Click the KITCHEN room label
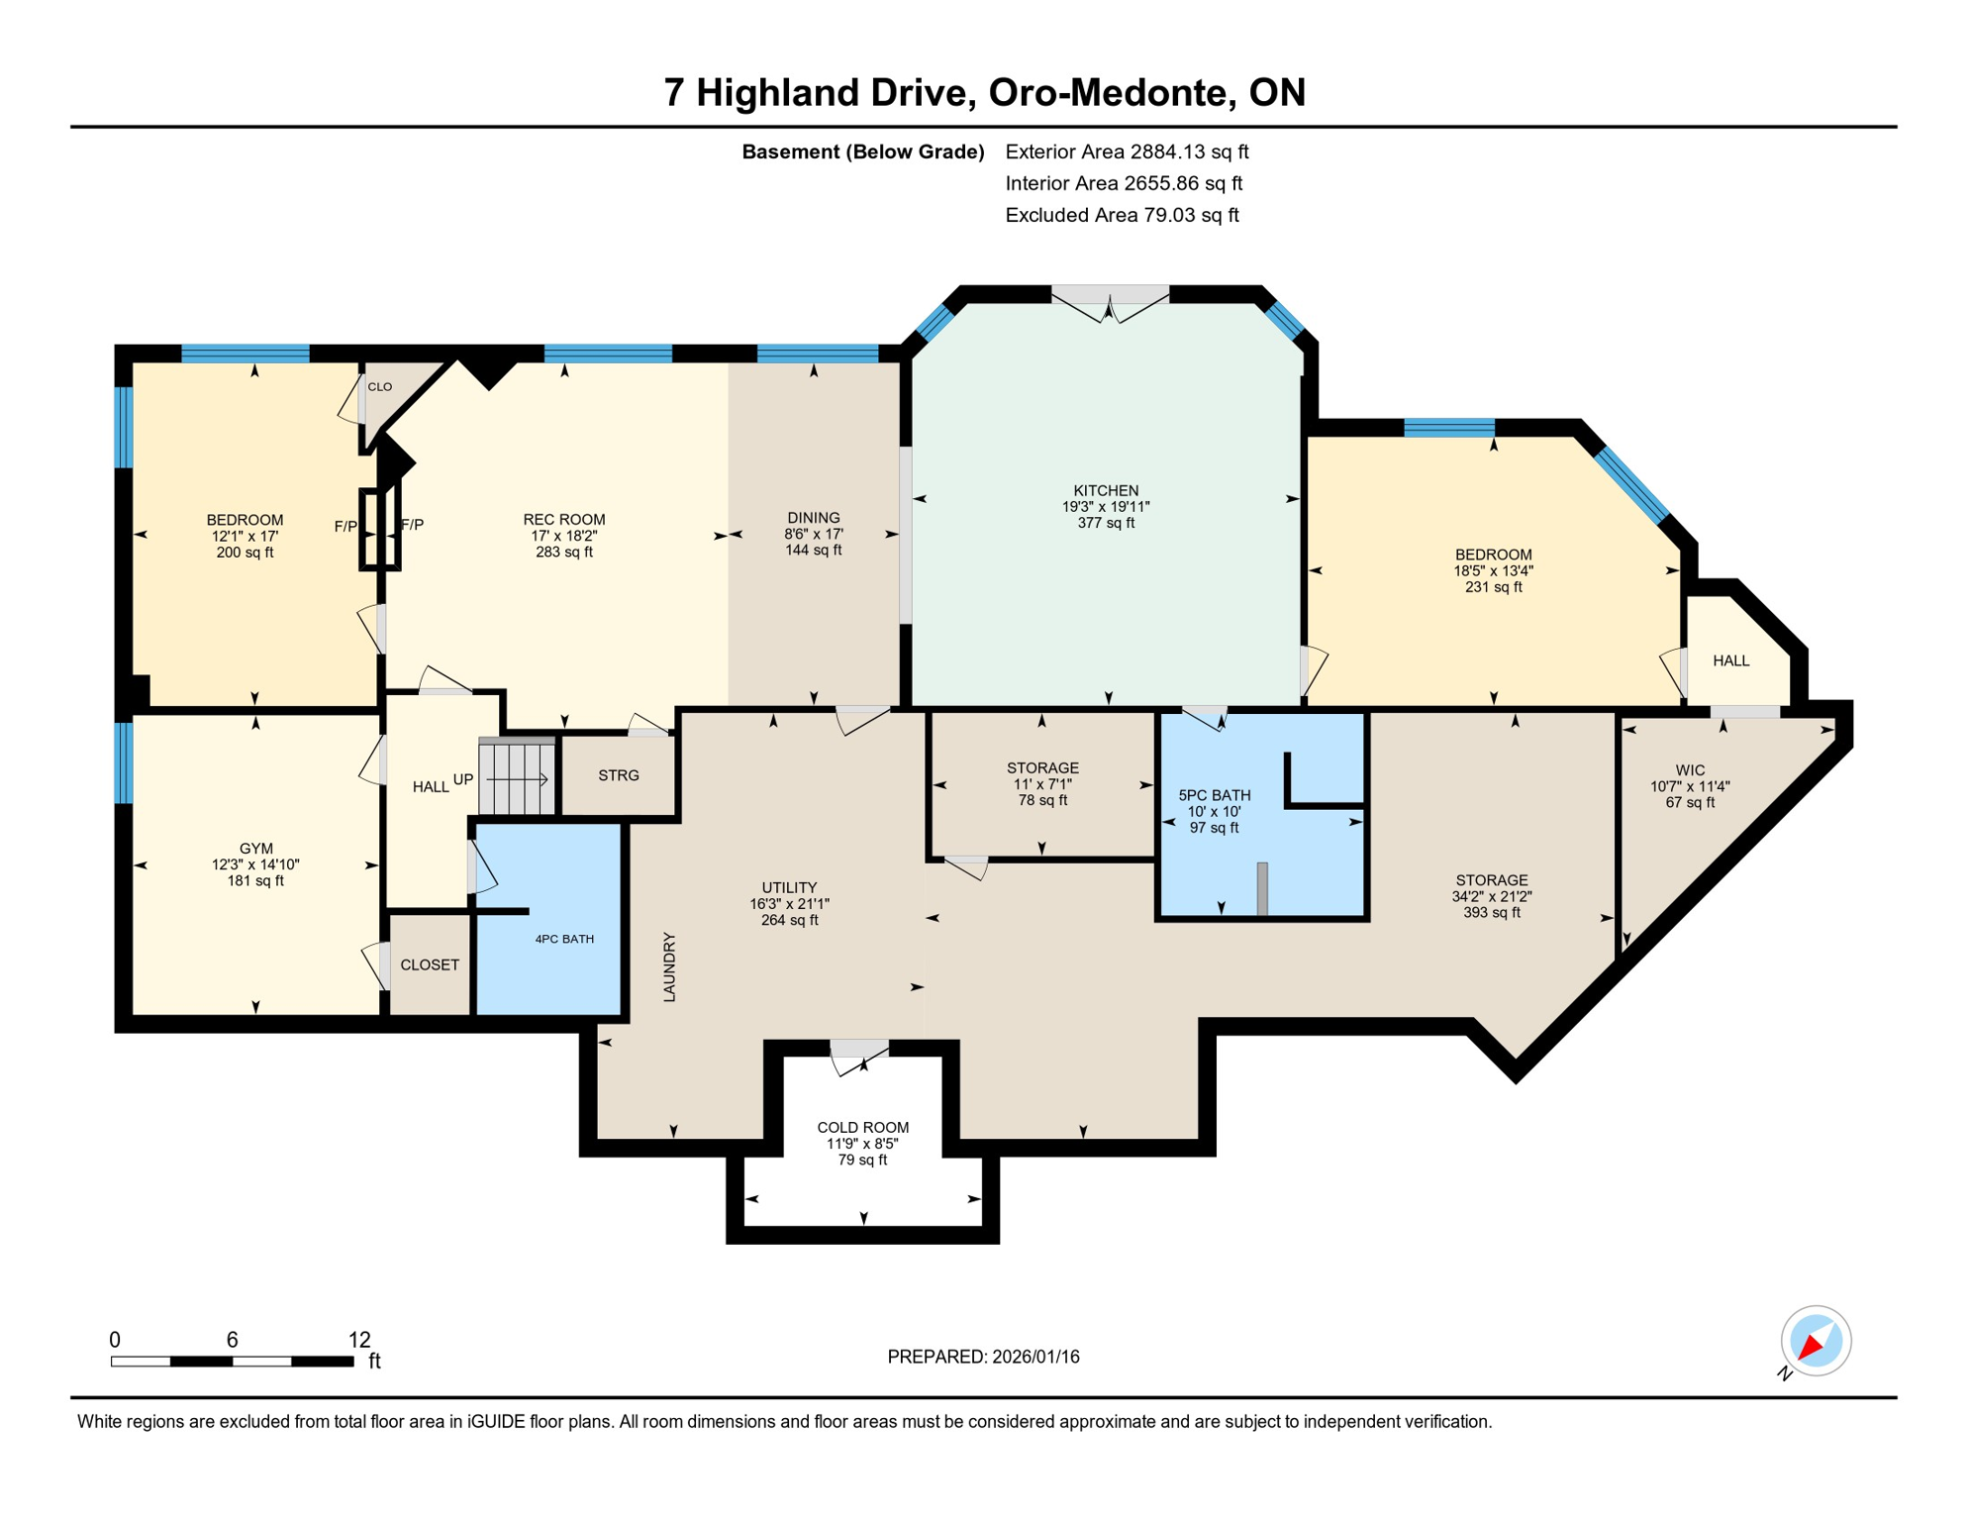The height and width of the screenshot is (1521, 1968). (1106, 491)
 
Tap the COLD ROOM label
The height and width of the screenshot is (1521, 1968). (862, 1128)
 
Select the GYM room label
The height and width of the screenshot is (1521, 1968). (255, 849)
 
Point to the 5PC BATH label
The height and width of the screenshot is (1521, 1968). (1215, 795)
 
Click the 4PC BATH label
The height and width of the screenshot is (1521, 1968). (564, 939)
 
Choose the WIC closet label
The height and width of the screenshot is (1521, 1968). (1690, 770)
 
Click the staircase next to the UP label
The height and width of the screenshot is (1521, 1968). (517, 778)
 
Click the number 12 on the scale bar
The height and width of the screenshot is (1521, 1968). (359, 1340)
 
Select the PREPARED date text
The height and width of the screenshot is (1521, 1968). (983, 1357)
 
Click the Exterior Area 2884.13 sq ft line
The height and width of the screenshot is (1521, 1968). (1127, 152)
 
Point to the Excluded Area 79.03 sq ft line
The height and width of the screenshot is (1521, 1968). (1122, 215)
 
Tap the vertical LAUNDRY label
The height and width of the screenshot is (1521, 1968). (669, 966)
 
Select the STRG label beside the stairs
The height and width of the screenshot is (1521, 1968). (619, 775)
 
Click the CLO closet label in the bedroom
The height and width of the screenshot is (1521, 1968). (380, 387)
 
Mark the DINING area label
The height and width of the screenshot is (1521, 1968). (814, 518)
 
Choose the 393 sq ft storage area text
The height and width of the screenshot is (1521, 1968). (1492, 912)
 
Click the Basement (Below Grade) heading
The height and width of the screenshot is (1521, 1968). (863, 152)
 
